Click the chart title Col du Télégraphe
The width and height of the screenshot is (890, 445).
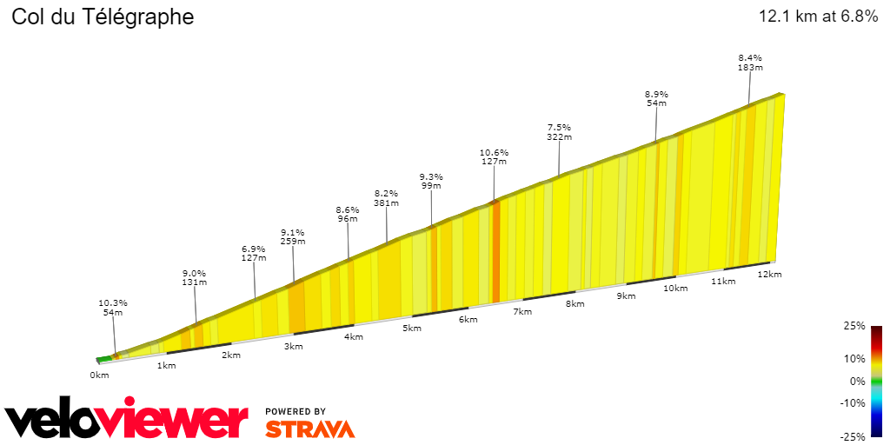point(103,17)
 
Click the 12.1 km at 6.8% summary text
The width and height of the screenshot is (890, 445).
point(818,17)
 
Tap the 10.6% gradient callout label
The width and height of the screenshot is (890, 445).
point(494,155)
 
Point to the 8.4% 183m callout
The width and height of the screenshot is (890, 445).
point(750,62)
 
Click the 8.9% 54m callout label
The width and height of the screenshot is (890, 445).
point(656,98)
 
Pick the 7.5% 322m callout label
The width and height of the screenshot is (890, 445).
point(560,131)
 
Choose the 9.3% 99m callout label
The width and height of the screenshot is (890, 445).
point(431,181)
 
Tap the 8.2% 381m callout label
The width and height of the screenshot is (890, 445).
point(386,198)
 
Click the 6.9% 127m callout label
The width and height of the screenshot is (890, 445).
point(254,252)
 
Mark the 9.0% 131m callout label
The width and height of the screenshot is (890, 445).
point(194,276)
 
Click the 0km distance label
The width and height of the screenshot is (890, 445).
point(99,375)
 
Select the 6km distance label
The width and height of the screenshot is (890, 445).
point(468,320)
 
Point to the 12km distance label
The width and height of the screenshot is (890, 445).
point(769,274)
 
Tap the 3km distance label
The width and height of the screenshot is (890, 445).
point(293,347)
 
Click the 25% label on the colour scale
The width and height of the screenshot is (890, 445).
point(854,326)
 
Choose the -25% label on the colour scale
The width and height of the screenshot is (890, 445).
point(854,436)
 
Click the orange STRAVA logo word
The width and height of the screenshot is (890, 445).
point(309,428)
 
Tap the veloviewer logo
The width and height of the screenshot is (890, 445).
point(127,421)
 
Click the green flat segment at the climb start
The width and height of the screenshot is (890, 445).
point(104,358)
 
